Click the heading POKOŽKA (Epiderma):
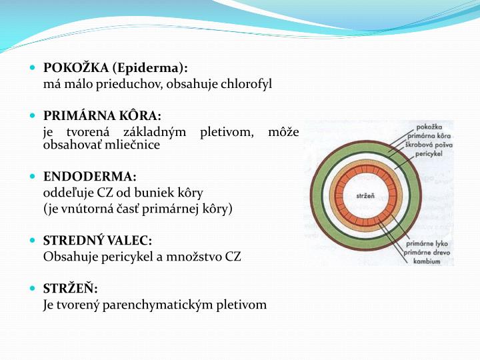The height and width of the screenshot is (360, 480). (115, 67)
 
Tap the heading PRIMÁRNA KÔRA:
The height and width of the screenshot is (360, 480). (102, 115)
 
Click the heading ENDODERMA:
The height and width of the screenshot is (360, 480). (89, 176)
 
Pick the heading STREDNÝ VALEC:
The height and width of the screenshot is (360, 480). (97, 240)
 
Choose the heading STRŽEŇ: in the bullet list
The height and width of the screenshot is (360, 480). (70, 288)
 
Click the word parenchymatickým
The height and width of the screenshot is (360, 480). (163, 305)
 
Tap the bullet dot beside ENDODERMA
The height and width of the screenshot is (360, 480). (33, 177)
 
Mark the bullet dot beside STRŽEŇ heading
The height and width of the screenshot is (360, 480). (33, 289)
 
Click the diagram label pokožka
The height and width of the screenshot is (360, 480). (430, 125)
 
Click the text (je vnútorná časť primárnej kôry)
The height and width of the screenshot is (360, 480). (137, 208)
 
